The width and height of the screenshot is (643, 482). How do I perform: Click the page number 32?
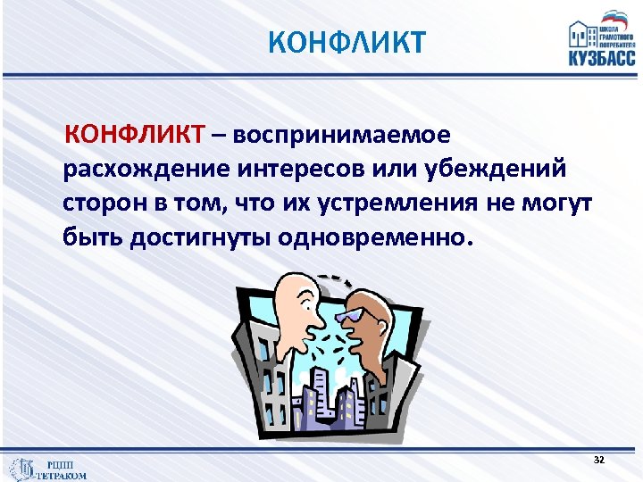click(x=598, y=459)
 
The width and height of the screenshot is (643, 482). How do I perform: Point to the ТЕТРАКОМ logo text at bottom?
click(x=61, y=475)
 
